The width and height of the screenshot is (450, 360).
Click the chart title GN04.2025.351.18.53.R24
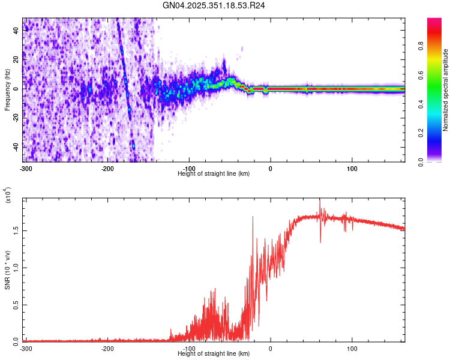pyautogui.click(x=214, y=7)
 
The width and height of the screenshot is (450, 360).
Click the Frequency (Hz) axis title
pyautogui.click(x=7, y=90)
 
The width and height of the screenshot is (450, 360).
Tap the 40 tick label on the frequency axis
pyautogui.click(x=16, y=32)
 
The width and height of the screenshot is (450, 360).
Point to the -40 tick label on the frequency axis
pyautogui.click(x=15, y=147)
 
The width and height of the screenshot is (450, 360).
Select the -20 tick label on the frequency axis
pyautogui.click(x=15, y=118)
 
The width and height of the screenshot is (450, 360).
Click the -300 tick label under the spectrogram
pyautogui.click(x=25, y=167)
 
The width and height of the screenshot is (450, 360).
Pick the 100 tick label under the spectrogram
pyautogui.click(x=352, y=167)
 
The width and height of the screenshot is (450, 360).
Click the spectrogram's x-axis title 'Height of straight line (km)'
pyautogui.click(x=214, y=173)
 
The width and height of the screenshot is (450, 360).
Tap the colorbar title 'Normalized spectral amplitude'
pyautogui.click(x=446, y=90)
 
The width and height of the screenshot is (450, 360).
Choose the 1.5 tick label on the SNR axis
pyautogui.click(x=16, y=230)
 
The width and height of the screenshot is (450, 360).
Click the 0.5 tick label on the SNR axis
pyautogui.click(x=16, y=304)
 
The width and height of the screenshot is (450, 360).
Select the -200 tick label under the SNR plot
pyautogui.click(x=107, y=347)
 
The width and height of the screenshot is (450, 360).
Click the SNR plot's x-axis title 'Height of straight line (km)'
pyautogui.click(x=214, y=353)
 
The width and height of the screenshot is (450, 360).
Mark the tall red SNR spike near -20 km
pyautogui.click(x=253, y=217)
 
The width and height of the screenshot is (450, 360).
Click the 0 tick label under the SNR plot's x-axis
pyautogui.click(x=271, y=347)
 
